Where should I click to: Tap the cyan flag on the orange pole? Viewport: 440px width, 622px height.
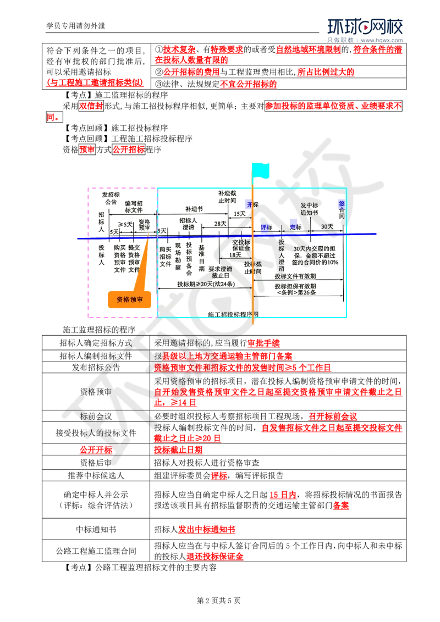[261, 170]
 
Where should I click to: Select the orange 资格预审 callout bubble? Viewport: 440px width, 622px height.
[130, 299]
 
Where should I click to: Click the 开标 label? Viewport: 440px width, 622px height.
[252, 204]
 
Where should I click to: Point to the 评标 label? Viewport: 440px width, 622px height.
[267, 227]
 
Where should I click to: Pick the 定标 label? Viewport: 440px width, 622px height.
[296, 227]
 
